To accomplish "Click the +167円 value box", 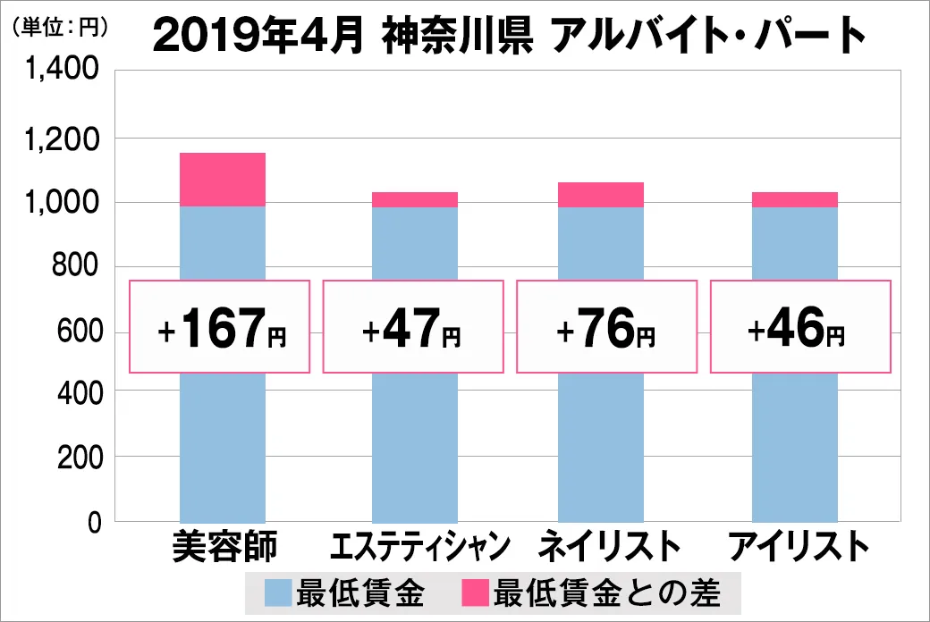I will pos(220,326).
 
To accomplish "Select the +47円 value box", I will pos(413,326).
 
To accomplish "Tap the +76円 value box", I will pos(606,326).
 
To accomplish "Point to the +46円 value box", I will pos(799,326).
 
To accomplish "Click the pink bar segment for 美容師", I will pos(223,179).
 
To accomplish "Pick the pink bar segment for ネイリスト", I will pos(601,194).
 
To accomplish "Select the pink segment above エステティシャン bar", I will pos(415,199).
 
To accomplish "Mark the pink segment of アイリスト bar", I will pos(795,199).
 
